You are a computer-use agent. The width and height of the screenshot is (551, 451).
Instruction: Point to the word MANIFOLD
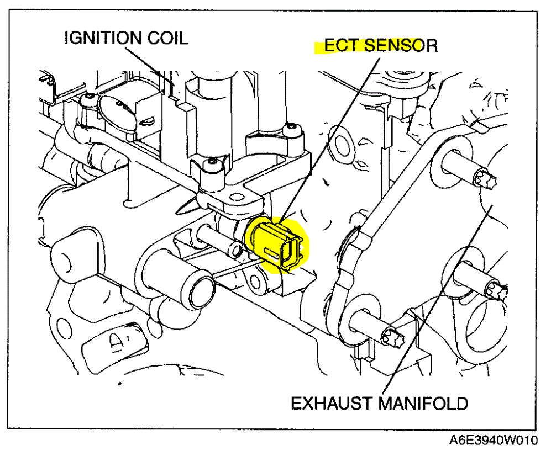423,404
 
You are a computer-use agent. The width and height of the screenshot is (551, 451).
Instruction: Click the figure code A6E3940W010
493,441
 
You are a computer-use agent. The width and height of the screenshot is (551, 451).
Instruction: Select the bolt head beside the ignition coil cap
87,100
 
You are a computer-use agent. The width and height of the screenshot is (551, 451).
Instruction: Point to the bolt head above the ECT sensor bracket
208,165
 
